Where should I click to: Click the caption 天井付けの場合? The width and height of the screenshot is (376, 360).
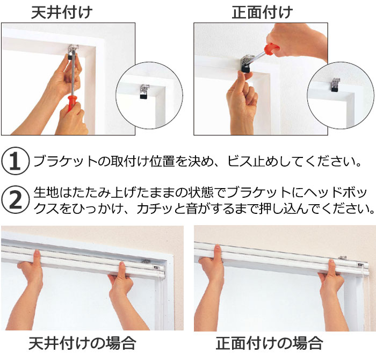tap(82, 343)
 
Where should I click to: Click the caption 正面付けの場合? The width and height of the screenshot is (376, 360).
tap(269, 343)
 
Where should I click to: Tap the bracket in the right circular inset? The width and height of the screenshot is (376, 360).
tap(335, 86)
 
